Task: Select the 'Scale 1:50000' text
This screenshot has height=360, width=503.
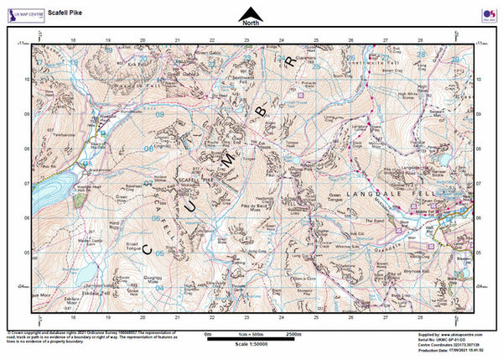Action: (251, 347)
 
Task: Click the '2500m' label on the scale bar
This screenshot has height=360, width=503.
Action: (293, 333)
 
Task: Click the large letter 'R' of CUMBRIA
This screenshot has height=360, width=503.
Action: (289, 61)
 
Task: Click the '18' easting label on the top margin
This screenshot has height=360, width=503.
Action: (74, 39)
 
